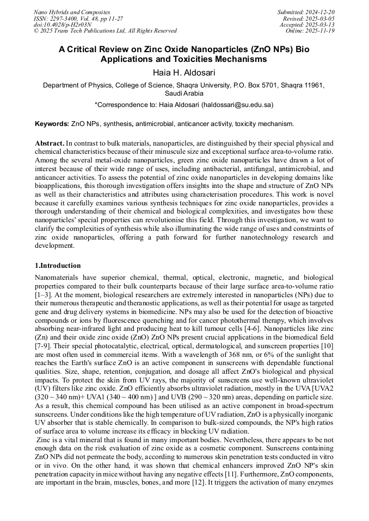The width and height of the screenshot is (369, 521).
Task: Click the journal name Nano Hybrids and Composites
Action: [x=72, y=12]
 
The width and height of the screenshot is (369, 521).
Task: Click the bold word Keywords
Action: [x=51, y=124]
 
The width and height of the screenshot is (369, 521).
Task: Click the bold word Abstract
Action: [x=49, y=142]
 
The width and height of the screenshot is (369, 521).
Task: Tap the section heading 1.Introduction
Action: [x=57, y=266]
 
